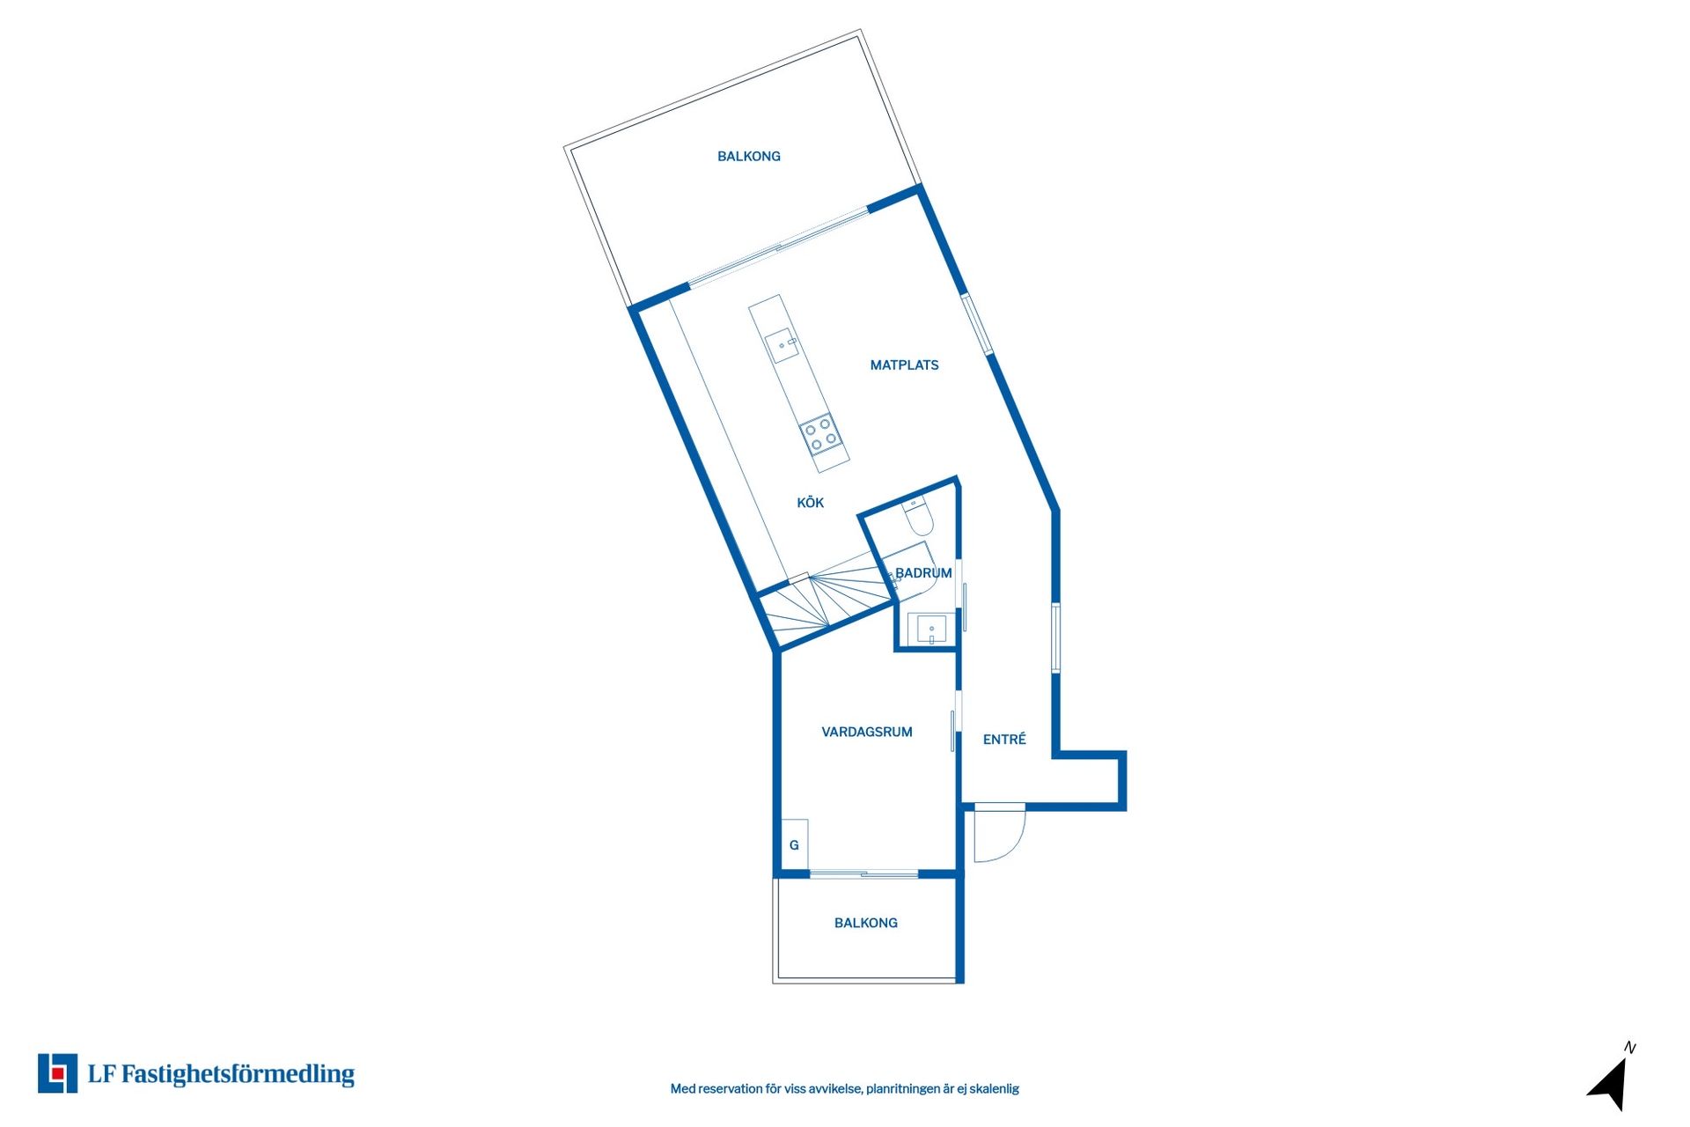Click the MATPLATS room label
(x=904, y=365)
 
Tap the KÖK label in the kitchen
(x=810, y=503)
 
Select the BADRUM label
(x=923, y=573)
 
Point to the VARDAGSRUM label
(x=866, y=732)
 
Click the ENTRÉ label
(x=1004, y=740)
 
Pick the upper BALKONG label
(x=748, y=157)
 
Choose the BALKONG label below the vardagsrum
(x=865, y=923)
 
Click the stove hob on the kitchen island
(x=819, y=433)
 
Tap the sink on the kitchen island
(x=782, y=345)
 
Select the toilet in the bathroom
(x=918, y=517)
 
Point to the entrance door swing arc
(x=1003, y=836)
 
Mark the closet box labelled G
(x=794, y=845)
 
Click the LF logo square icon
(x=57, y=1073)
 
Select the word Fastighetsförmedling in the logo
(x=238, y=1074)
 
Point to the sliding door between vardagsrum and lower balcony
(x=863, y=874)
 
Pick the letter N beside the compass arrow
(x=1629, y=1048)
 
